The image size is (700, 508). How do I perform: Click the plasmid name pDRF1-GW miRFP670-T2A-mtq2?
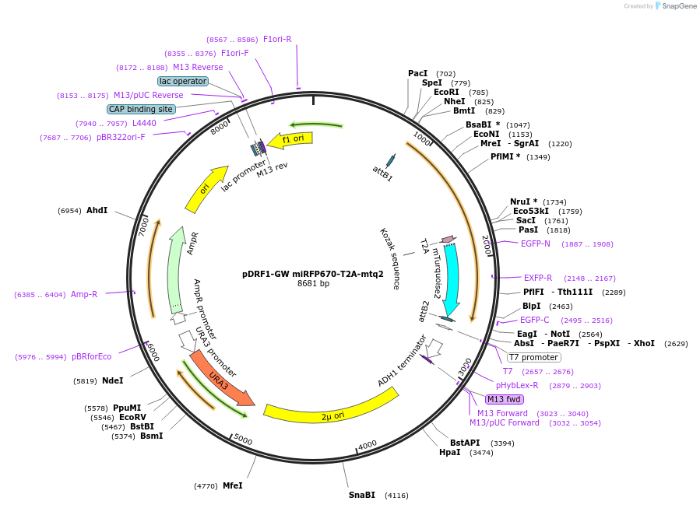(313, 274)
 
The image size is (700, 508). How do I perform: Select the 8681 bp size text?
(313, 284)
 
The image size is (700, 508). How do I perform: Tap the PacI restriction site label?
(418, 74)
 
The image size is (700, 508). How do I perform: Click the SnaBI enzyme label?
(362, 495)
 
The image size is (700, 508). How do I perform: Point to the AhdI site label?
(97, 211)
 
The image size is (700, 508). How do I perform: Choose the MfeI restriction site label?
(233, 485)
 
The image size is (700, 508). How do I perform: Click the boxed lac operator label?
(182, 81)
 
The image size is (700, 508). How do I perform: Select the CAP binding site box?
(141, 110)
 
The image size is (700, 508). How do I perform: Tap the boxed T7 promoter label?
(533, 358)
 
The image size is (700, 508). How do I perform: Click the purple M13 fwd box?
(504, 399)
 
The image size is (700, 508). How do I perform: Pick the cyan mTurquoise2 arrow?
(451, 276)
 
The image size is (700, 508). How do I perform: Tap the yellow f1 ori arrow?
(296, 139)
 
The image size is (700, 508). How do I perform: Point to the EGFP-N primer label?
(536, 243)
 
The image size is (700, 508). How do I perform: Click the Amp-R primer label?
(84, 294)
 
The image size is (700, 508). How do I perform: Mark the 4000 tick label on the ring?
(368, 444)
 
